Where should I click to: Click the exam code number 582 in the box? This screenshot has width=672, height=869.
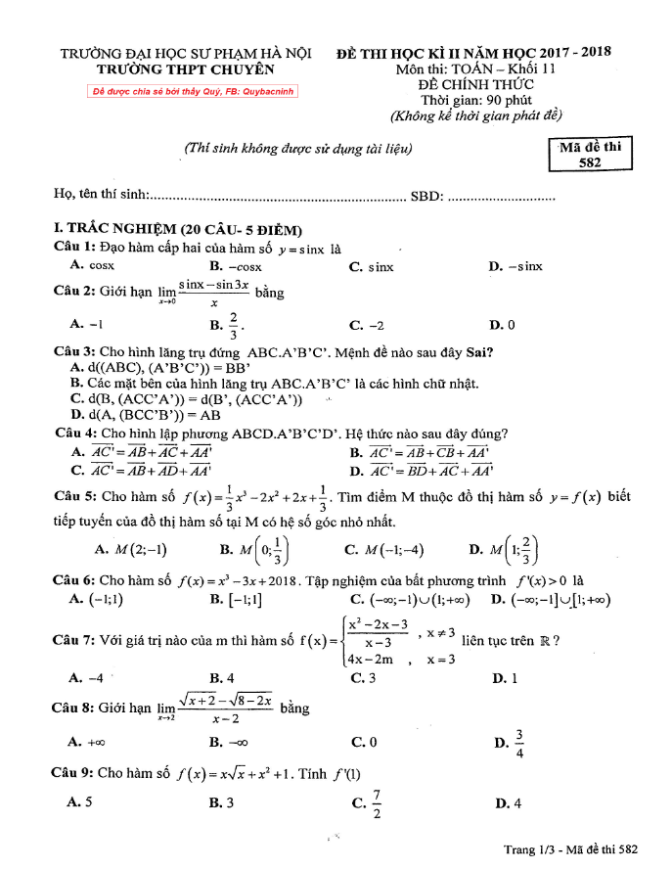tap(590, 164)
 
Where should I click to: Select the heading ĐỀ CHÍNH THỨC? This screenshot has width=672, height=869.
tap(474, 85)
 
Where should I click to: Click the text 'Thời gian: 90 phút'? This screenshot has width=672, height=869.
tap(474, 100)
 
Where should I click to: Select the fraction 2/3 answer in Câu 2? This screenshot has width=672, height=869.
tap(231, 323)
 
